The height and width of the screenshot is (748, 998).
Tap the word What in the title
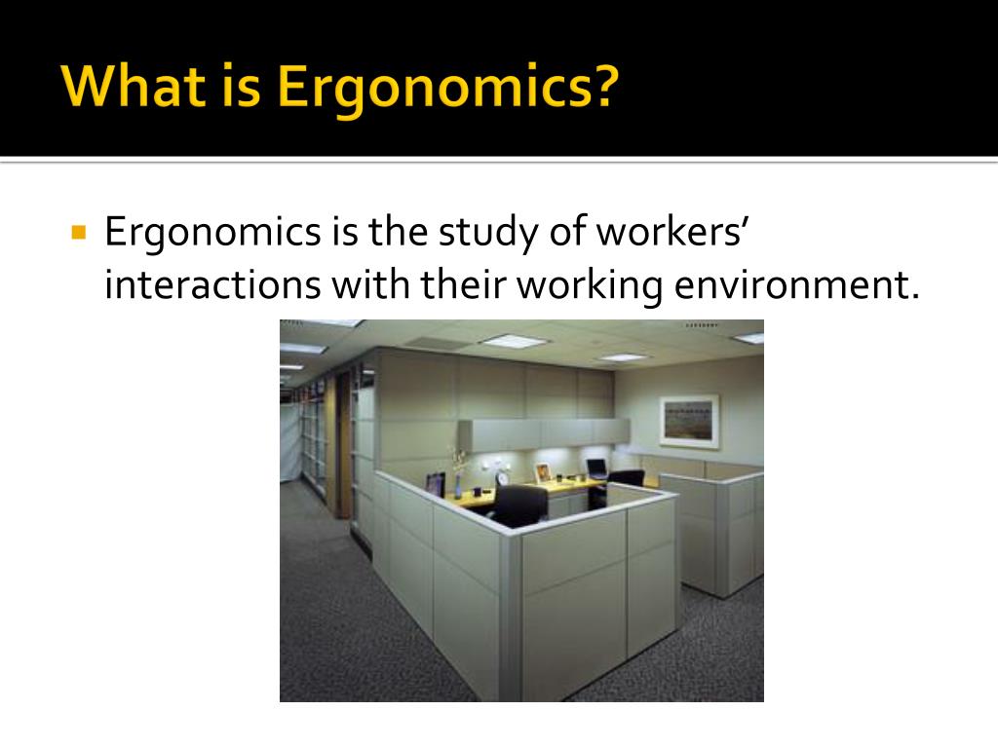coord(133,86)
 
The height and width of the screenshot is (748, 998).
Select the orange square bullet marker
coord(79,232)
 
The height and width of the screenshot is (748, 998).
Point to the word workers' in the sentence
coord(672,231)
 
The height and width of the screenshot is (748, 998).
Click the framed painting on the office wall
coord(689,421)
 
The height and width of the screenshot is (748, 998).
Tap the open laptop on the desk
coord(597,468)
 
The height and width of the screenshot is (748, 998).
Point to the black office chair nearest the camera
coord(519,505)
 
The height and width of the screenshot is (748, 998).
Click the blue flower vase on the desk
coord(458,486)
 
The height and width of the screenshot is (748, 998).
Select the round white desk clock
coord(502,478)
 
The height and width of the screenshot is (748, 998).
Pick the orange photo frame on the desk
coord(542,473)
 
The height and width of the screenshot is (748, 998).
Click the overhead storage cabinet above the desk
coord(544,433)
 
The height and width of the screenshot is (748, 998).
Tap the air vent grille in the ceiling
coord(439,344)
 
